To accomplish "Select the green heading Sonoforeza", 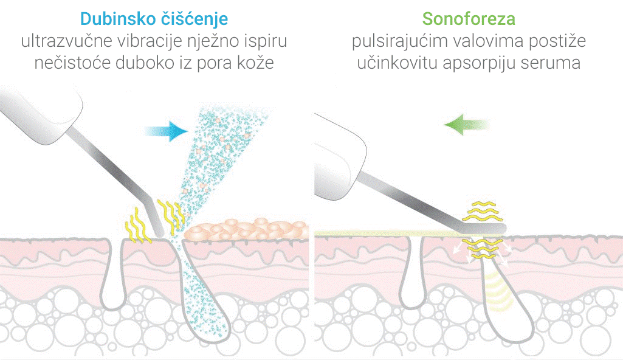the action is [x=469, y=19].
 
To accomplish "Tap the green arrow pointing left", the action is [x=466, y=125].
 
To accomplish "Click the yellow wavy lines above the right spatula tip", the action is [x=481, y=211].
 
